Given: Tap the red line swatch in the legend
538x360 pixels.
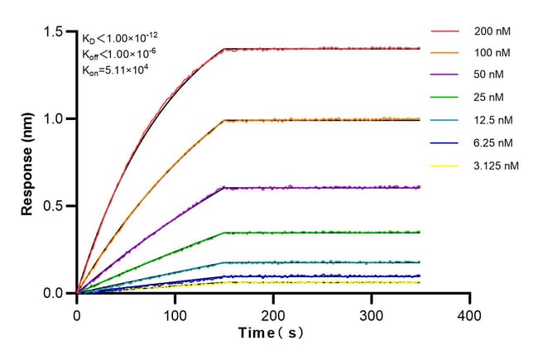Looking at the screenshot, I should pos(444,31).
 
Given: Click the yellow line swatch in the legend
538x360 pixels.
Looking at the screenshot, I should pos(444,166).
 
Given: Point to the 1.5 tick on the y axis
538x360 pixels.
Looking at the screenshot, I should pos(56,31).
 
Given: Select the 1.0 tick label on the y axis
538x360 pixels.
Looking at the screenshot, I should pos(56,118).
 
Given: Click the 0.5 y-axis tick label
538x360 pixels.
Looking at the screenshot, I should pos(56,206).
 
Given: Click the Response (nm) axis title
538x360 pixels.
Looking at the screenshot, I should pos(28,162).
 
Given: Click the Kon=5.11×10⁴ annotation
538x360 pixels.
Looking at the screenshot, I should pos(113,70).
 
